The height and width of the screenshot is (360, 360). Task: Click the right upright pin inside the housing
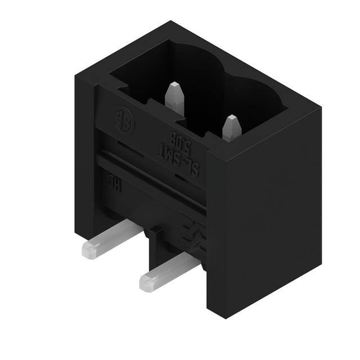click(x=231, y=128)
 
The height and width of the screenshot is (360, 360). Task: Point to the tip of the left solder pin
click(x=86, y=250)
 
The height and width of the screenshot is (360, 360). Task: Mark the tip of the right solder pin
click(x=144, y=282)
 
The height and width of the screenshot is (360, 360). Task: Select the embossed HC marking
click(x=112, y=184)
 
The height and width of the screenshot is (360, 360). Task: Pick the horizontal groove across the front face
click(x=152, y=180)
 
